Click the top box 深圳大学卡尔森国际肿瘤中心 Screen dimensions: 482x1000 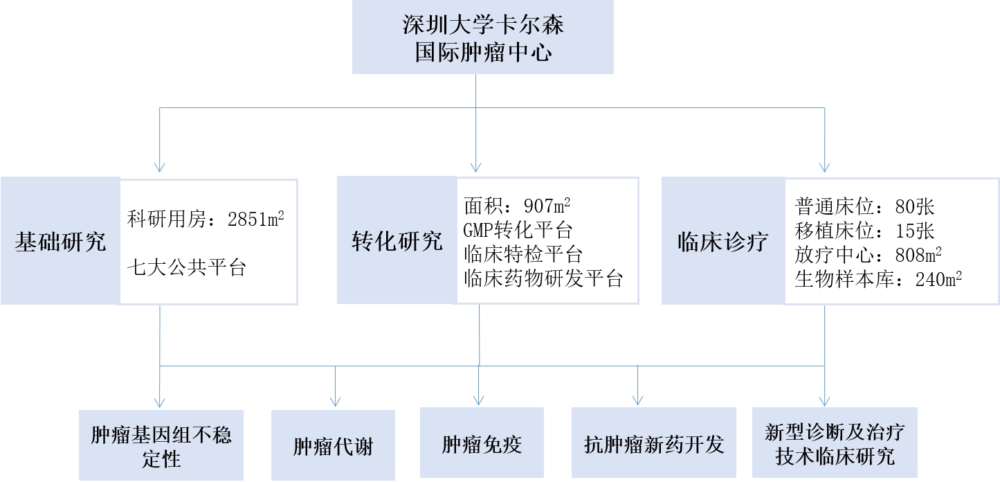coord(482,37)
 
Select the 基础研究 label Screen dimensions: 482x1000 coord(60,242)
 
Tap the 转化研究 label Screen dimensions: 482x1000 coord(397,241)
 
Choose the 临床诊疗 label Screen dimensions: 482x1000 coord(722,242)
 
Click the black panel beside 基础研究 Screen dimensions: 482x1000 coord(208,242)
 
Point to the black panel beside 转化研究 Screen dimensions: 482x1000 coord(547,240)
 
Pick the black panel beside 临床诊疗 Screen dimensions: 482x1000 coord(891,241)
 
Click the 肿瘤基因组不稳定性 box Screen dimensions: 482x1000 coord(161,446)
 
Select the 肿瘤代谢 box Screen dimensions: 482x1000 coord(333,446)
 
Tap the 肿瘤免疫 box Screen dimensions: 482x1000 coord(482,443)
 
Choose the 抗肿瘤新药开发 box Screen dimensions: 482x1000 coord(654,443)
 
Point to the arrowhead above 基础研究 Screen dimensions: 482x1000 coord(160,167)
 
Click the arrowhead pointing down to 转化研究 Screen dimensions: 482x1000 coord(475,167)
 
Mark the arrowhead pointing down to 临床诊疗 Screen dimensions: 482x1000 coord(824,167)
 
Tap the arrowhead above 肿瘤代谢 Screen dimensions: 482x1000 coord(336,401)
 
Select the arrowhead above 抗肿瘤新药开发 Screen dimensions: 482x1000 coord(638,400)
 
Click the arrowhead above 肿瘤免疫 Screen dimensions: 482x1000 coord(478,400)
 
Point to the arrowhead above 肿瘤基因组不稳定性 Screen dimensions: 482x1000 coord(160,402)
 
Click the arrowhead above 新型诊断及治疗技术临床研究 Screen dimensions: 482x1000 coord(824,400)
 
